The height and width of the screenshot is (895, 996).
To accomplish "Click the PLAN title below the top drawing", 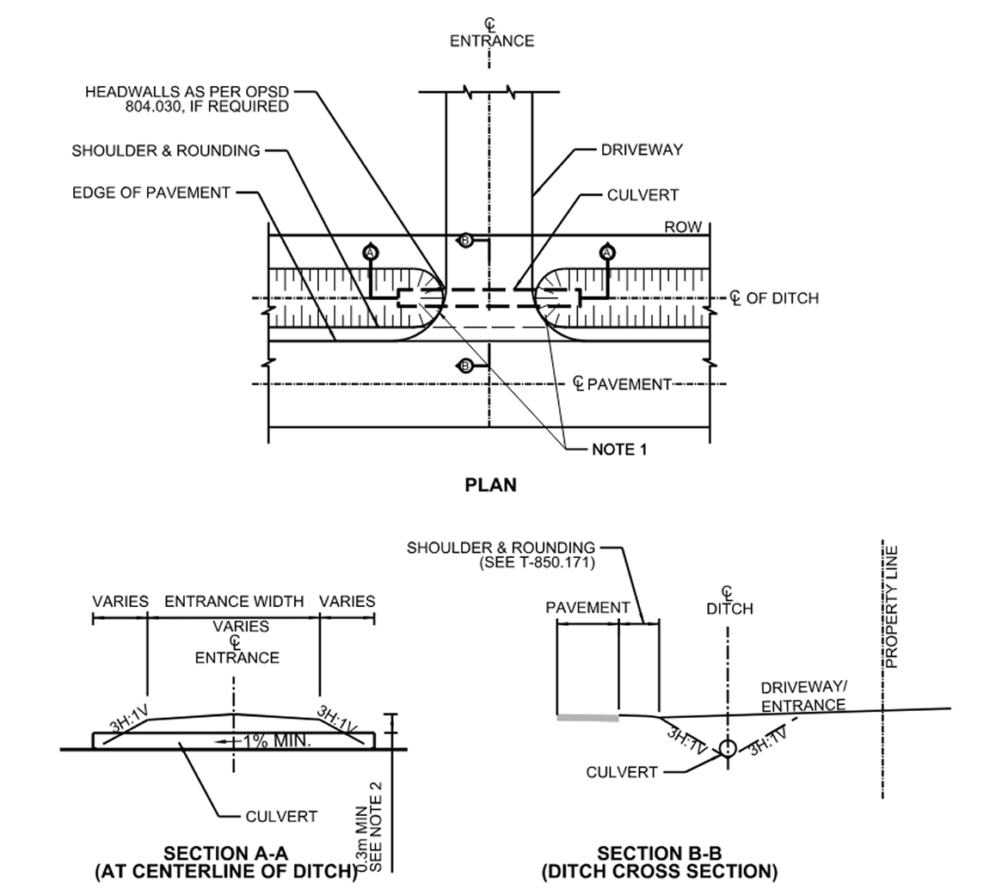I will click(x=490, y=485).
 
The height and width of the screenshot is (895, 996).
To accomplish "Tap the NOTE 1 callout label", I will click(x=618, y=449).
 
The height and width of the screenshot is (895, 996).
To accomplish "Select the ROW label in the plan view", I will click(x=683, y=228).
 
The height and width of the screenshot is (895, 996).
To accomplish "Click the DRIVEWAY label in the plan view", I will click(x=642, y=150).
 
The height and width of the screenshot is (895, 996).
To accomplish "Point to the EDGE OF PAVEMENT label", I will click(x=151, y=193).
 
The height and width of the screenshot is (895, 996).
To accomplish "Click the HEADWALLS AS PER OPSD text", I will click(x=187, y=92).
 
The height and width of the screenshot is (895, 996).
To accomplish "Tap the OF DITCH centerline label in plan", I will click(x=782, y=298).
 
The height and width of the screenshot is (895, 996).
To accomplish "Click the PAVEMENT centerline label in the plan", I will click(x=629, y=384).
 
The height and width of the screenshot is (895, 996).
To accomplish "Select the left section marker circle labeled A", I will click(x=371, y=252).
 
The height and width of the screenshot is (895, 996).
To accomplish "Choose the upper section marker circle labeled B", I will click(x=465, y=241).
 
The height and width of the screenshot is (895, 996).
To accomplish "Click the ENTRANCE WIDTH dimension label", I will click(x=234, y=601).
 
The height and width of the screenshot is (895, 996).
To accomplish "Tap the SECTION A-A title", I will click(x=226, y=853).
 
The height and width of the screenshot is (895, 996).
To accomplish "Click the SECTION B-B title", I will click(x=660, y=853).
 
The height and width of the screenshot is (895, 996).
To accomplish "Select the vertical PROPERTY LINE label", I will click(x=891, y=607).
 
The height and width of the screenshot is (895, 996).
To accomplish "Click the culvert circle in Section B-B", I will click(x=728, y=748).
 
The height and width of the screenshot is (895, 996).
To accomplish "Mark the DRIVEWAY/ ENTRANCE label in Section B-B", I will click(x=803, y=696).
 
